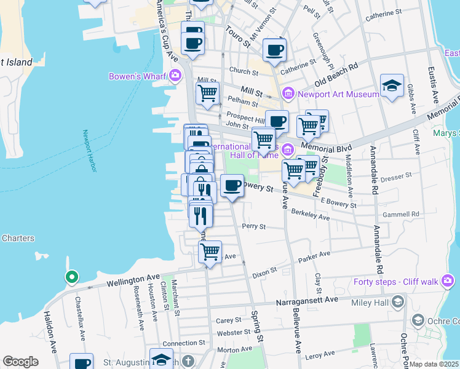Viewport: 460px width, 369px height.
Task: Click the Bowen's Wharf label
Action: click(138, 76)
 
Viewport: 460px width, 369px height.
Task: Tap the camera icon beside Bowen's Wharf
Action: click(176, 76)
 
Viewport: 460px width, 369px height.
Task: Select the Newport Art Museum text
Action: click(338, 94)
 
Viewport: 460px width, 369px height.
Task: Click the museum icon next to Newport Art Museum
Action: click(288, 94)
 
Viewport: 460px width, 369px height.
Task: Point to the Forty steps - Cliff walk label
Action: click(395, 282)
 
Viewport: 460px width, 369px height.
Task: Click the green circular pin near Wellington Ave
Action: click(71, 278)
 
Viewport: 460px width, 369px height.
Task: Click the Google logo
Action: click(20, 362)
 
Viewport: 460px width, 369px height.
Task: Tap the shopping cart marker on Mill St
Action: click(207, 93)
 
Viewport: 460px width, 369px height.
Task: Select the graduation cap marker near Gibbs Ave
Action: click(391, 85)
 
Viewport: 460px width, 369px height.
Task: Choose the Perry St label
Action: click(254, 226)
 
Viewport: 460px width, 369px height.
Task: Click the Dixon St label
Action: click(265, 269)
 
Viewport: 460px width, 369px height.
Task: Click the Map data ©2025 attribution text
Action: click(434, 364)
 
